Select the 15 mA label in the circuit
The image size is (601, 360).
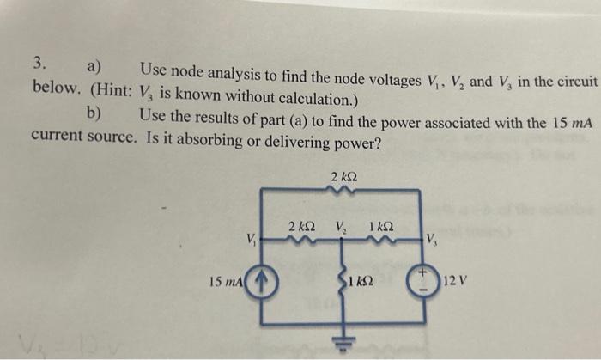[228, 282]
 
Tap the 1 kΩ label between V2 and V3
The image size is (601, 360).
[380, 227]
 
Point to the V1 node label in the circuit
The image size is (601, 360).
[250, 238]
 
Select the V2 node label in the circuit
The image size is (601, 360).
[342, 229]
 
